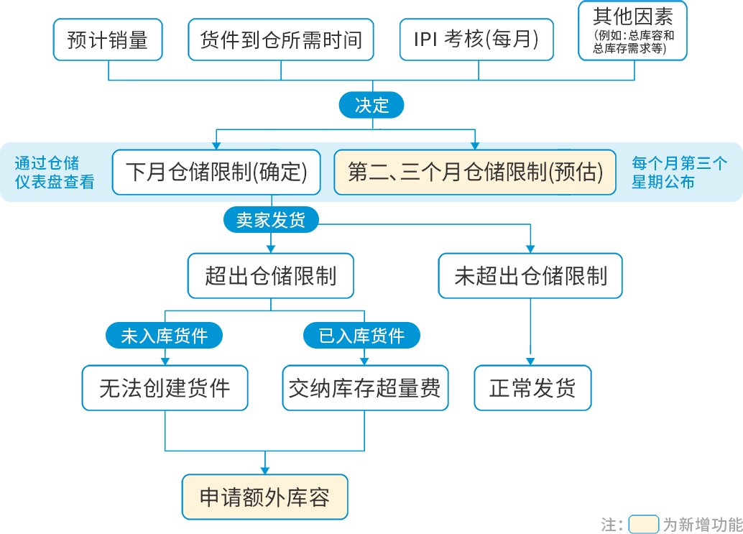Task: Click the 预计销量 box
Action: (x=107, y=40)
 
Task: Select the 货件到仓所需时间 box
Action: (x=281, y=40)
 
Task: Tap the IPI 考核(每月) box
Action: (x=476, y=40)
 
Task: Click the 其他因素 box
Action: (x=633, y=30)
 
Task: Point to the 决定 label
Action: (x=371, y=106)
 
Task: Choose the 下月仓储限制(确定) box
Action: (x=216, y=172)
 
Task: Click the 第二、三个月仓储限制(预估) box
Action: (x=475, y=172)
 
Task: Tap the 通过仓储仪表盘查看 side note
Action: (x=55, y=172)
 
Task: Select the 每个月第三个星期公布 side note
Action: (x=679, y=172)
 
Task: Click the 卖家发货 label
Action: (x=270, y=221)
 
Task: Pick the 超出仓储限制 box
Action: (x=271, y=276)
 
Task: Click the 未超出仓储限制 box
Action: (x=530, y=276)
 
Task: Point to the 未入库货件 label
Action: (x=165, y=336)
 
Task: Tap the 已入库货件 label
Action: (x=361, y=336)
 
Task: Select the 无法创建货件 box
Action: (x=165, y=389)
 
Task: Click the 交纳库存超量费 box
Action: (x=365, y=389)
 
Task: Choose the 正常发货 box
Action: (x=532, y=389)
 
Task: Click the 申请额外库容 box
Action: (x=264, y=497)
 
